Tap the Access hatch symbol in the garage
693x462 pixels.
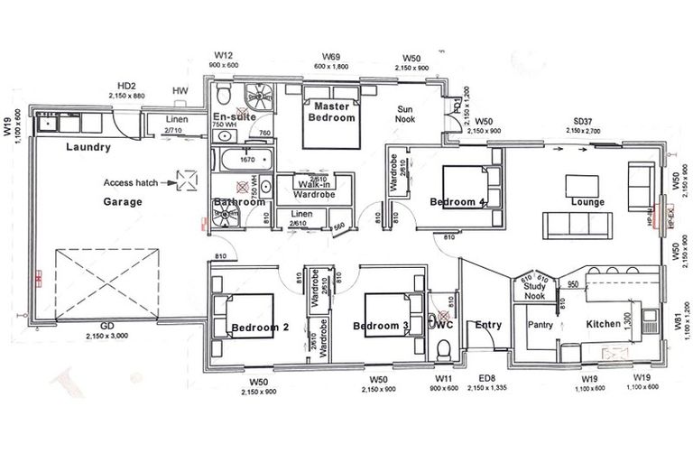(188, 181)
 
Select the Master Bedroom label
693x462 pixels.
(332, 113)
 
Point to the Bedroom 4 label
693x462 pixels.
(458, 200)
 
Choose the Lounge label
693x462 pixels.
(587, 202)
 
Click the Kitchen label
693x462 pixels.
(603, 323)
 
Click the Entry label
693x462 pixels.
(487, 325)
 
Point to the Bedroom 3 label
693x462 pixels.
(381, 326)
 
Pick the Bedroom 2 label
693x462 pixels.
(259, 327)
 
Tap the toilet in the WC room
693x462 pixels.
(442, 347)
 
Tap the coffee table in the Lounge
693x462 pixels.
(583, 184)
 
